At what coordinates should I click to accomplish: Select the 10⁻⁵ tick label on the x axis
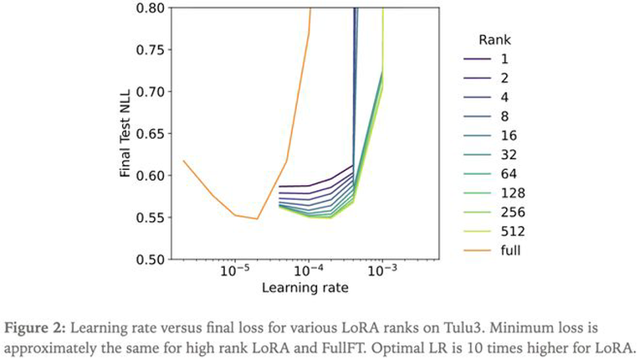tap(235, 273)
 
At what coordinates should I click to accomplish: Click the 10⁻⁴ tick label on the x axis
tap(309, 273)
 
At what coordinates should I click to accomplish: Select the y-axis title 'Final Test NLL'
tap(125, 134)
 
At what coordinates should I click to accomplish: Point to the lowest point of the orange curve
tap(258, 219)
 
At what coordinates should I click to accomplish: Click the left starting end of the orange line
tap(183, 161)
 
